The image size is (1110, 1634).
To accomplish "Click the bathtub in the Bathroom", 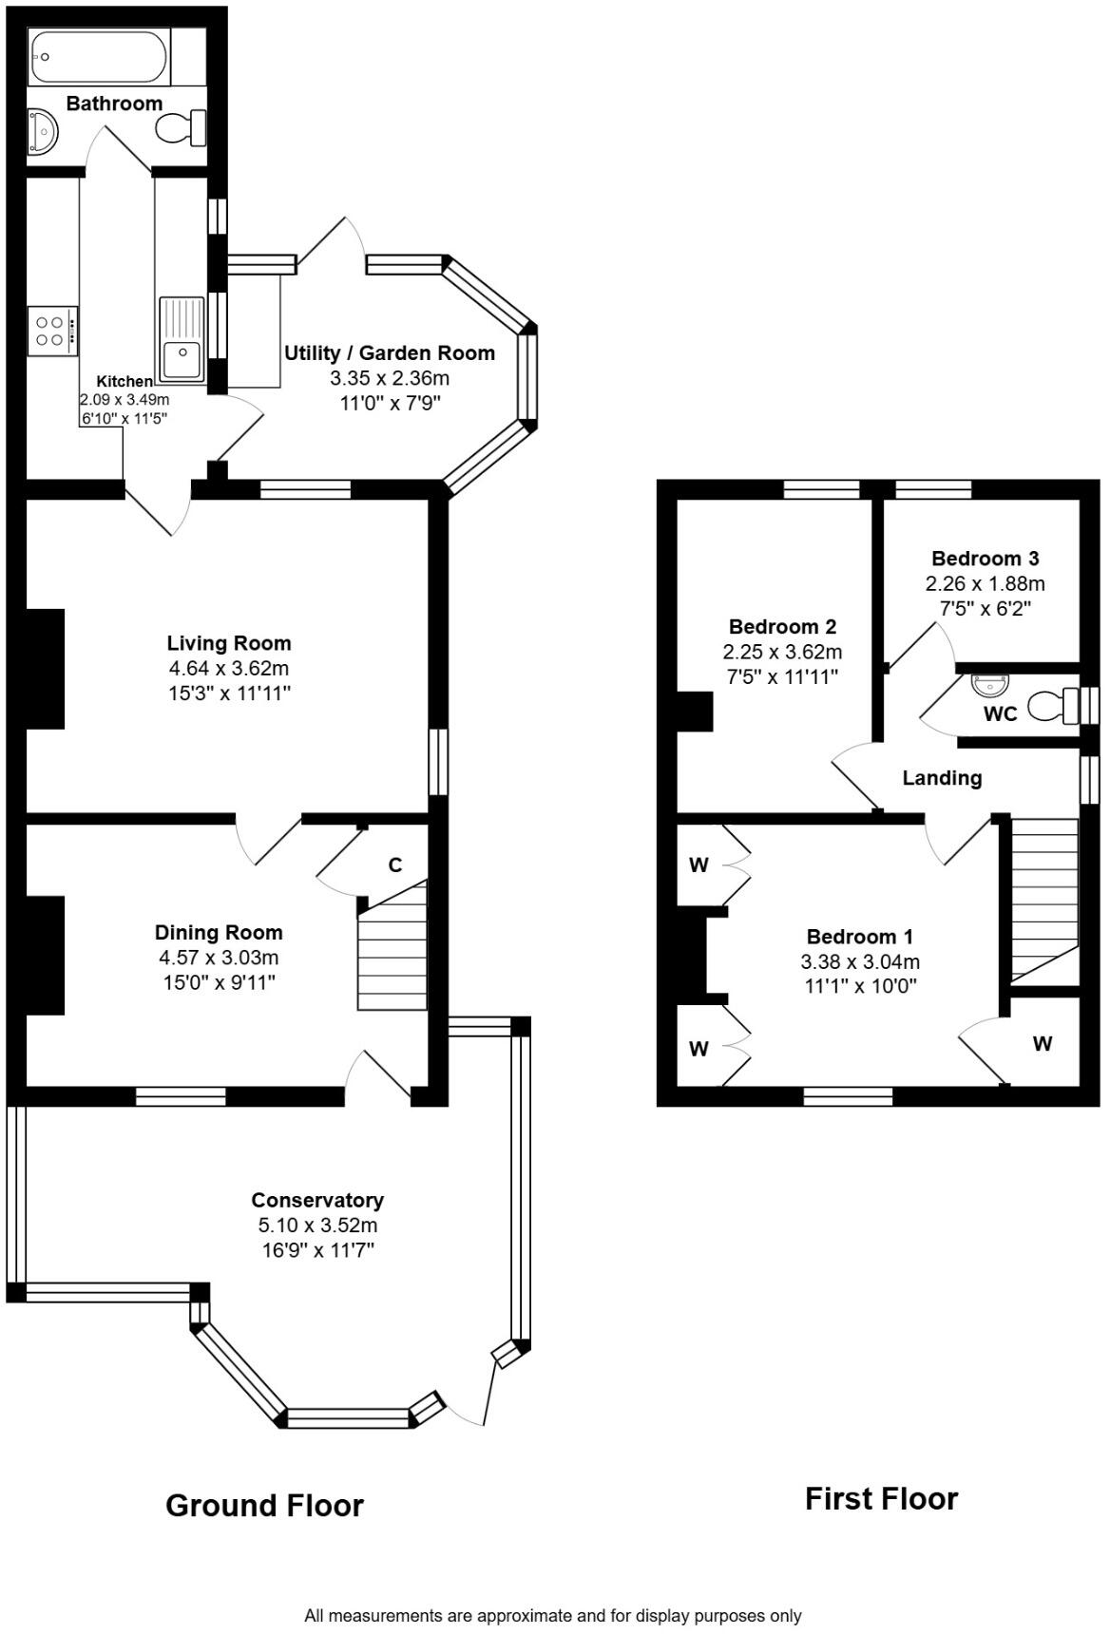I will click(x=100, y=56).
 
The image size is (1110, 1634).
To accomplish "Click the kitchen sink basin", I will click(x=182, y=359).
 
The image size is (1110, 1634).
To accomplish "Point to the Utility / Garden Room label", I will click(x=390, y=353).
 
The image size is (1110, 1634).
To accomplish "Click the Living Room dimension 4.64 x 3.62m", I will click(x=228, y=669).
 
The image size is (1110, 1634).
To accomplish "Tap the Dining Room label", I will click(x=219, y=933).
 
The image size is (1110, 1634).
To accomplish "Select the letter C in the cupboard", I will click(x=395, y=865).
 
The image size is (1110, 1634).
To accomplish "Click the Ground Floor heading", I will click(x=264, y=1506).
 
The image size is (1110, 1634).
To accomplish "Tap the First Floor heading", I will click(x=881, y=1499).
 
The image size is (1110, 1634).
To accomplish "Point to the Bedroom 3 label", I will click(x=985, y=559).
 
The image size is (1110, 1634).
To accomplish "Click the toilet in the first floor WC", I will click(x=1055, y=707).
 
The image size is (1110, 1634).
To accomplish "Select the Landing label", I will click(x=941, y=779).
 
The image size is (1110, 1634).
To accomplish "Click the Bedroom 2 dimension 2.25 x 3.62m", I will click(x=782, y=653).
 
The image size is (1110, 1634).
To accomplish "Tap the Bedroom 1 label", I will click(x=859, y=937).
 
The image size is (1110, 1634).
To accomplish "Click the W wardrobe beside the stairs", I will click(x=1043, y=1044).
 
